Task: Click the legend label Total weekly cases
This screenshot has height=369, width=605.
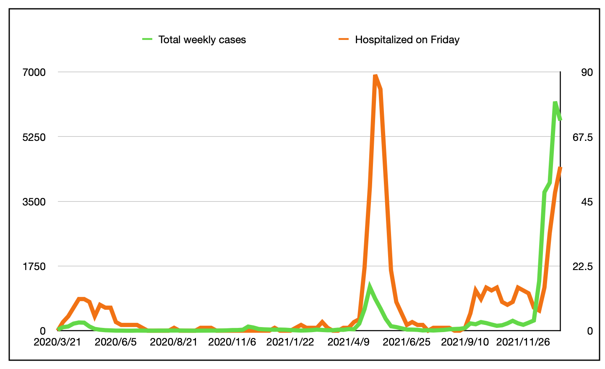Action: (202, 40)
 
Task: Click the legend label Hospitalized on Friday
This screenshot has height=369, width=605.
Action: (407, 40)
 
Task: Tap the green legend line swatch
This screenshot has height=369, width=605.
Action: (147, 39)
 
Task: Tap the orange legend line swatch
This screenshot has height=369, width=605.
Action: (344, 39)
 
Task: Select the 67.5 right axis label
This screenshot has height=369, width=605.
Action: (584, 137)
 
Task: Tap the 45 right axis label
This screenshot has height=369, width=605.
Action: (587, 202)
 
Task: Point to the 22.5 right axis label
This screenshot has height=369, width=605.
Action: (584, 266)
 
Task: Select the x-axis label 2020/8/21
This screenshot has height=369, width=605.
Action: (174, 342)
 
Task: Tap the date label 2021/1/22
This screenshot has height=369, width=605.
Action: (290, 342)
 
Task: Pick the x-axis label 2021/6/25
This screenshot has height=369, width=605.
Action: (407, 342)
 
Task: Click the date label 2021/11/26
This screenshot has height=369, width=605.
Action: (523, 342)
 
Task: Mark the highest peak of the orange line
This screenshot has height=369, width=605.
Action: (375, 76)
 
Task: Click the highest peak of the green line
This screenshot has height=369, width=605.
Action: (555, 102)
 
